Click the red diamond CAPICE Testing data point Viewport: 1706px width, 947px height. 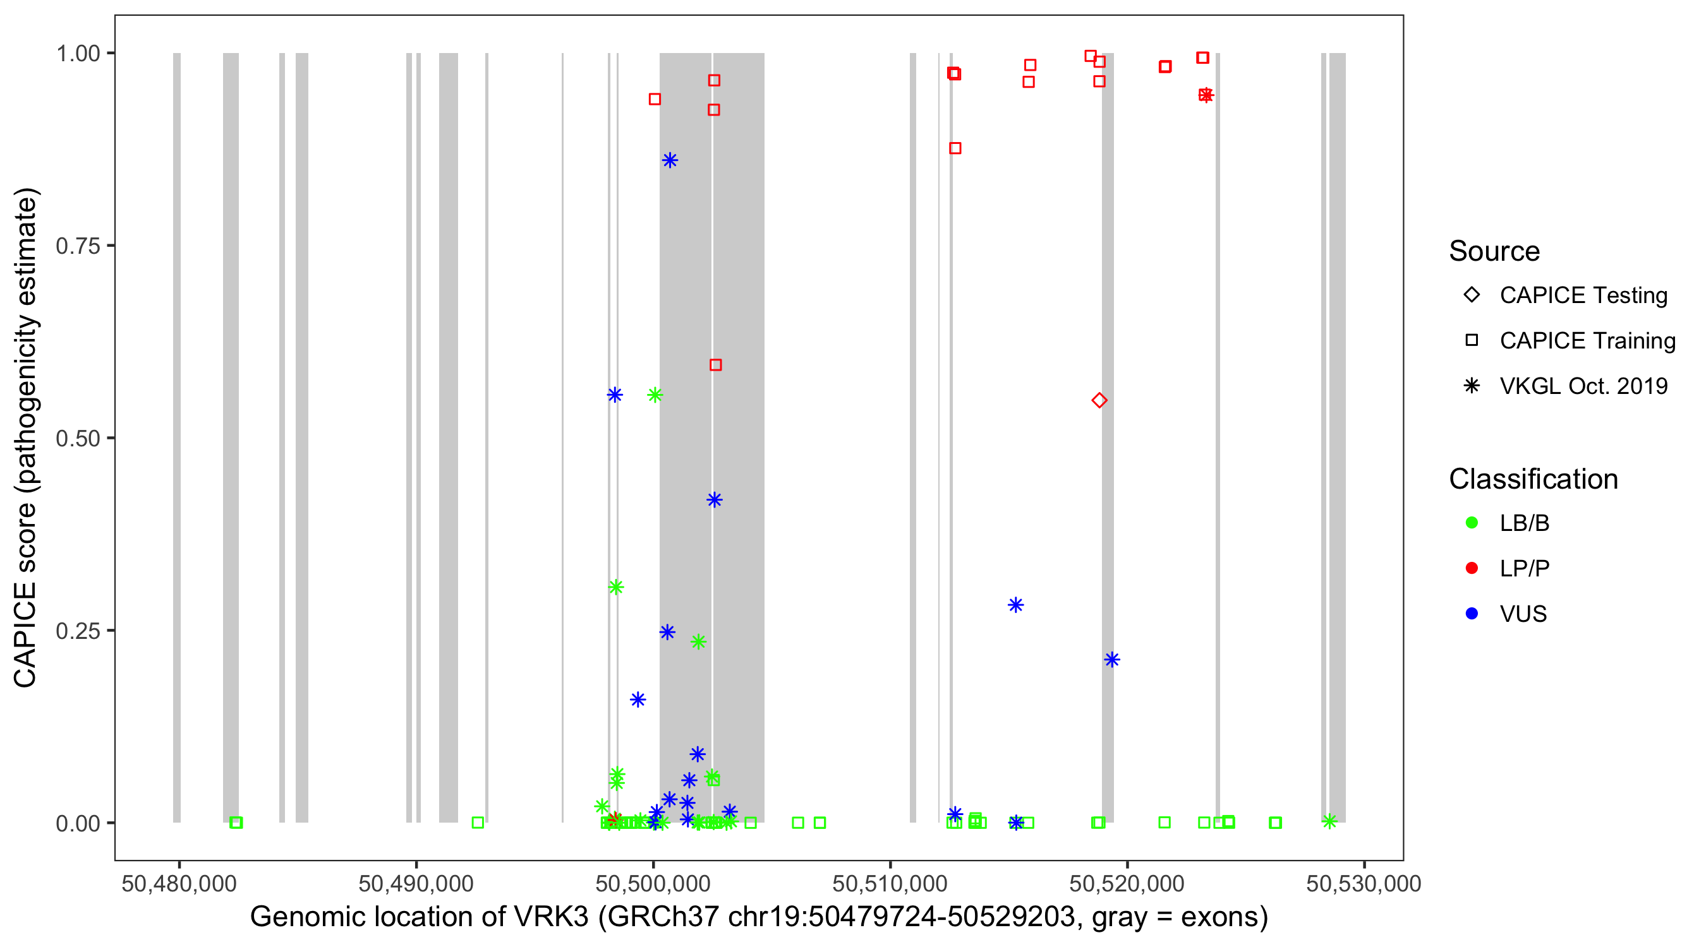(1099, 400)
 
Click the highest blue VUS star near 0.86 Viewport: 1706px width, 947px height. (670, 160)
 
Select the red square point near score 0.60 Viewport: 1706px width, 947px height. (715, 365)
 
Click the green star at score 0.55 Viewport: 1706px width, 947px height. (655, 395)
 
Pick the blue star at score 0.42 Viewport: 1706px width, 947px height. (714, 499)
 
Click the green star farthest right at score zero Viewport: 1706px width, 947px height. (1329, 821)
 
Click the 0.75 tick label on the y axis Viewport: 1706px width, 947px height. (78, 246)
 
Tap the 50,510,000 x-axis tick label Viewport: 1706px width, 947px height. (890, 883)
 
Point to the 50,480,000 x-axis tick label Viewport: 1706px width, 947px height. (179, 883)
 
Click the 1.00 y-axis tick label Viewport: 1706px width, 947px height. (78, 53)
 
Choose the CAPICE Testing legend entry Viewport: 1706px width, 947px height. (1583, 295)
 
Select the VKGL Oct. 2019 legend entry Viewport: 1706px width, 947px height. (1583, 386)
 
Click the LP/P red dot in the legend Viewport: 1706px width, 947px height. (1472, 568)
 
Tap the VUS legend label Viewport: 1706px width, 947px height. (1523, 614)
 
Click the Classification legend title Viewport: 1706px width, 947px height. (1533, 479)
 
